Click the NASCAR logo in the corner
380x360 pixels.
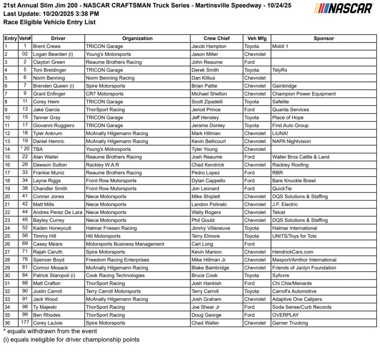pos(344,9)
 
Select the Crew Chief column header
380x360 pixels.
pos(216,39)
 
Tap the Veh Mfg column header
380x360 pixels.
pos(257,39)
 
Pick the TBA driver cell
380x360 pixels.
pos(38,149)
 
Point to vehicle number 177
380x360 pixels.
pos(25,323)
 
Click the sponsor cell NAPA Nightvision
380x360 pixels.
pos(291,141)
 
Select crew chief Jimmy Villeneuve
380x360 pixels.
pos(210,228)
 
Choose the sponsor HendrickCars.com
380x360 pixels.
pos(292,252)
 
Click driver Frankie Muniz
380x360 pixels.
pos(49,173)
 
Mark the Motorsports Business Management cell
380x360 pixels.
pos(125,244)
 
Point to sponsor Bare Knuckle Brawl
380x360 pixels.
pos(294,181)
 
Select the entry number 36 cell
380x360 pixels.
pos(7,323)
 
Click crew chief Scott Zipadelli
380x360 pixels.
pos(209,102)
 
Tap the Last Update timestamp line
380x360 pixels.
pos(51,14)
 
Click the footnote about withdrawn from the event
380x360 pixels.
pos(50,331)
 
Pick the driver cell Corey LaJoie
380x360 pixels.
pos(48,323)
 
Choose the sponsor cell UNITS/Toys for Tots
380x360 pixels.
pos(294,236)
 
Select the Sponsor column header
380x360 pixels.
pos(324,39)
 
